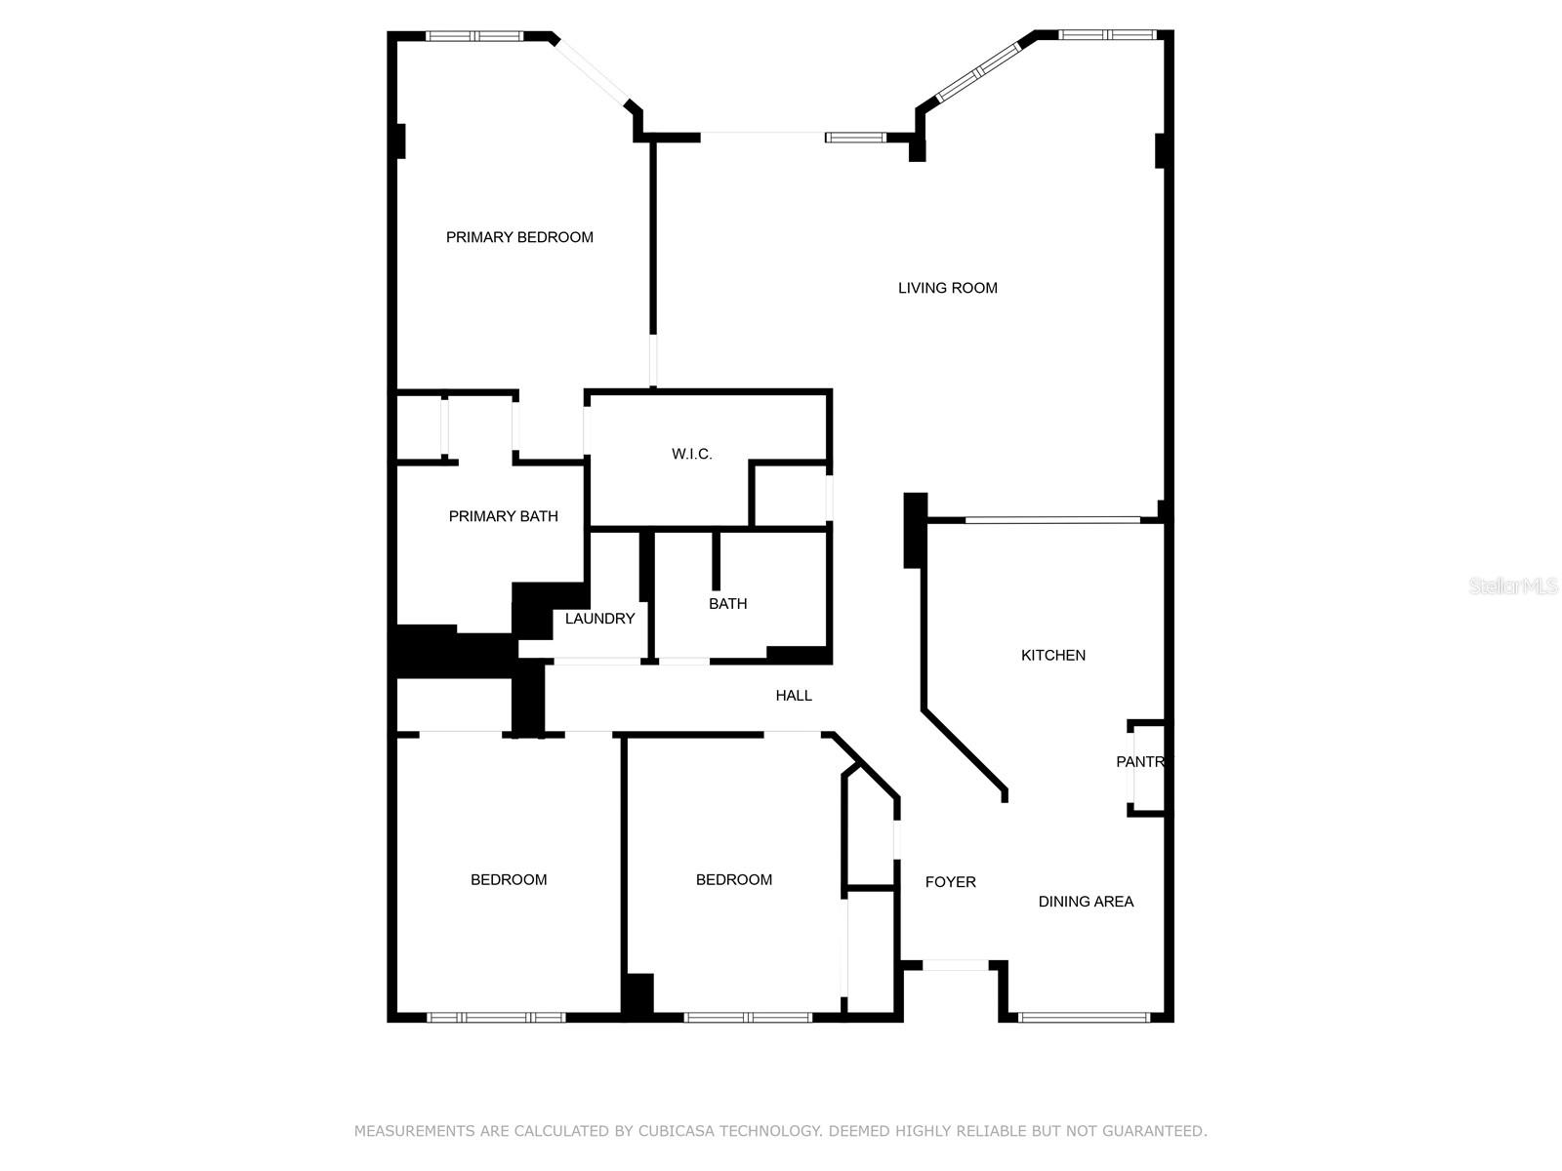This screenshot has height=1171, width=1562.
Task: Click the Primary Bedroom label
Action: point(519,237)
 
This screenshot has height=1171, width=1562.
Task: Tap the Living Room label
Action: point(947,288)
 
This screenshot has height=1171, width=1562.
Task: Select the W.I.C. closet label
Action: point(691,454)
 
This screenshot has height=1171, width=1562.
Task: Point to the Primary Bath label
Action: point(503,516)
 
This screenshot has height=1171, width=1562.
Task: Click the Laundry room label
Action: point(599,619)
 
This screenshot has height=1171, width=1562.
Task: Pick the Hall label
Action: point(794,696)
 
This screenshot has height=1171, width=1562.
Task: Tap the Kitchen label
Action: point(1052,656)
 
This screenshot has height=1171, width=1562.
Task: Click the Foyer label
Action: point(950,882)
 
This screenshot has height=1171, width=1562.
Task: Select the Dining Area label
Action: point(1086,902)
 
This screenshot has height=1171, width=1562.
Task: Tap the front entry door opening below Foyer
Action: point(956,965)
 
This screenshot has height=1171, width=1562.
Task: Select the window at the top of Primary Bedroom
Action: point(475,37)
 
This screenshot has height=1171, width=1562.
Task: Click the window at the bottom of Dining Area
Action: point(1084,1018)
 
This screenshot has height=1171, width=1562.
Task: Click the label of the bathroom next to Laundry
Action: point(727,604)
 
